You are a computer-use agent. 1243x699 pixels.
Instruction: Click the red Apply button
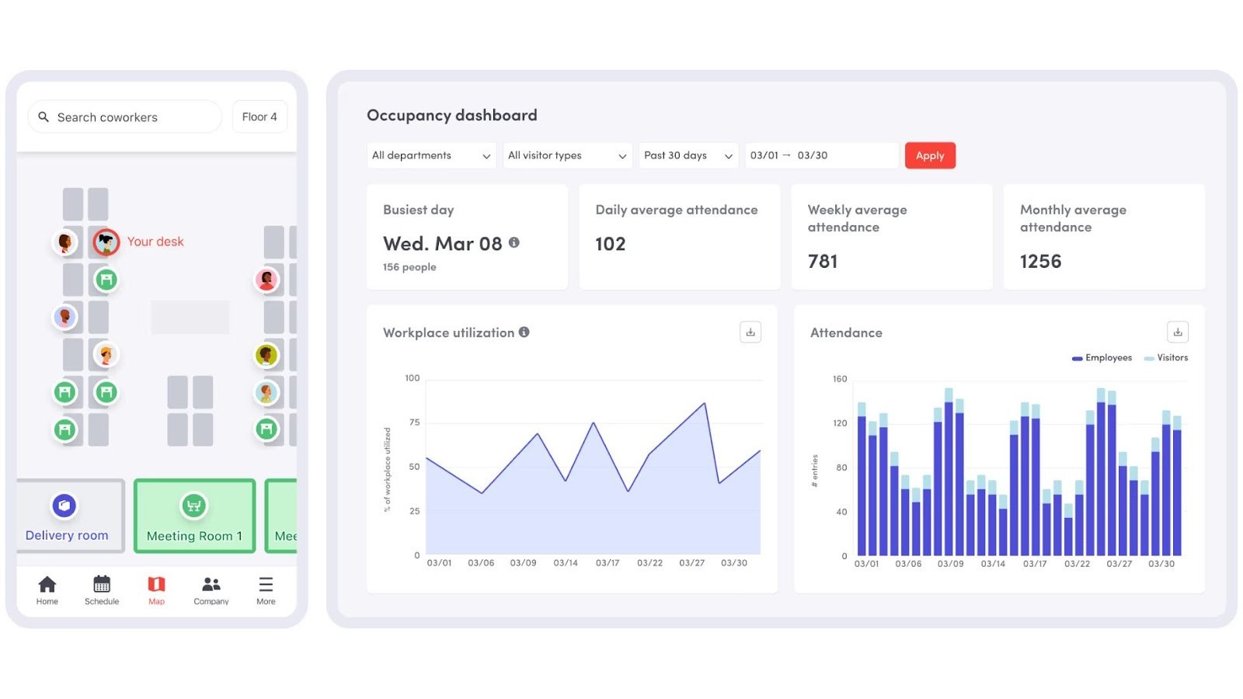coord(929,155)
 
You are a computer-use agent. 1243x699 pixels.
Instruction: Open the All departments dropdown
coord(430,155)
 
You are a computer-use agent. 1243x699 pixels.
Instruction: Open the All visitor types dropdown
coord(566,155)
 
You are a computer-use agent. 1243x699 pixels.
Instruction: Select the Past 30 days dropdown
coord(688,155)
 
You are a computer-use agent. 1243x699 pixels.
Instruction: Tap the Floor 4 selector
coord(259,117)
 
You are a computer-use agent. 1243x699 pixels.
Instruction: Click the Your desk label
coord(155,242)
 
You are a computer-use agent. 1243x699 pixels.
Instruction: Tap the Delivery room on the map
coord(68,516)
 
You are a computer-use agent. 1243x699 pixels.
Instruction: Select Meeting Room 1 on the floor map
coord(194,516)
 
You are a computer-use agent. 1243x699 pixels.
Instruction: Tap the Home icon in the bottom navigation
coord(47,589)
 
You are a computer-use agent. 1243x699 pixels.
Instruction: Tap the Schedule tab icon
coord(102,589)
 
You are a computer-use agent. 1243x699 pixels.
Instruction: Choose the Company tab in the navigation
coord(211,589)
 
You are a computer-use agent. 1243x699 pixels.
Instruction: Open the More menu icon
coord(266,589)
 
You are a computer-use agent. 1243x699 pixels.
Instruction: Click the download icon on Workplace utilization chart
coord(750,332)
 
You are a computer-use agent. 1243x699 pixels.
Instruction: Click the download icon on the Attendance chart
coord(1178,332)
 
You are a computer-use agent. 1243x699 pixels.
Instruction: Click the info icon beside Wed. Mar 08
coord(514,243)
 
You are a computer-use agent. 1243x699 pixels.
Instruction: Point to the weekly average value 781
coord(823,262)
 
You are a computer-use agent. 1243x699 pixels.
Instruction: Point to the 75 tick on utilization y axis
coord(415,423)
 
